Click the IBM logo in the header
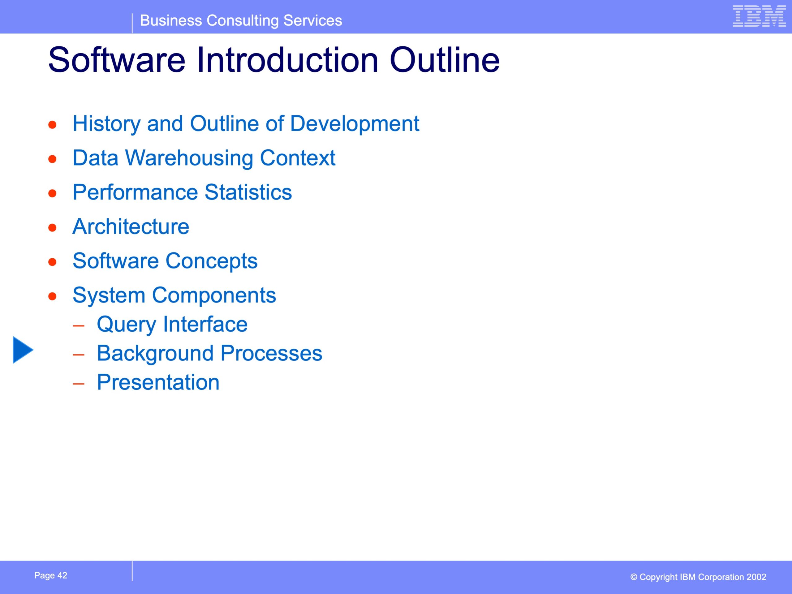point(759,16)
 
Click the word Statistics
point(248,192)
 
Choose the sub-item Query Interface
point(172,325)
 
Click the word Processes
point(271,353)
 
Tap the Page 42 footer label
point(51,575)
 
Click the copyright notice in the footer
point(698,577)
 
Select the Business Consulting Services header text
point(241,20)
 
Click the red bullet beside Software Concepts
point(53,262)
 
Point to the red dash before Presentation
point(78,383)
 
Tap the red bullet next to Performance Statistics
point(53,193)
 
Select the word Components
point(214,296)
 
